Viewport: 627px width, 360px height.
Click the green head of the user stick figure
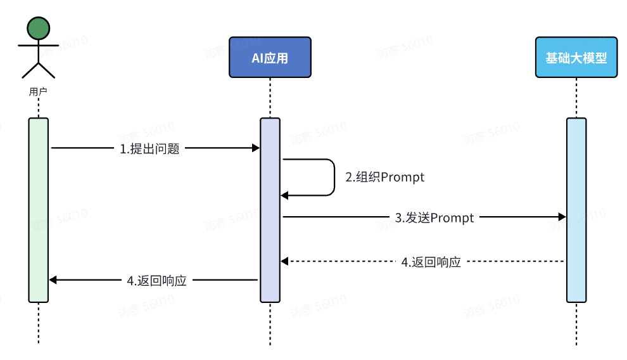pos(38,27)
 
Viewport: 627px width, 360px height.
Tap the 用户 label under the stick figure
pos(38,91)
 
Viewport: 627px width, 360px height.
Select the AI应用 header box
pos(270,58)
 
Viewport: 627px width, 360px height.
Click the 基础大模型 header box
pos(576,58)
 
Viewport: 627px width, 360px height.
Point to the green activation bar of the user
pos(38,209)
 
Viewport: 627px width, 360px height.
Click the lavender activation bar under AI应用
pos(270,209)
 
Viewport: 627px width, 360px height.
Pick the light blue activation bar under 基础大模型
pos(576,209)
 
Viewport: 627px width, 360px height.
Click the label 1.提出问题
pos(149,149)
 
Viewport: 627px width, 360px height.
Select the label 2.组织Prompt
pos(384,177)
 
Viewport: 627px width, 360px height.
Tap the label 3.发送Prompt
pos(434,218)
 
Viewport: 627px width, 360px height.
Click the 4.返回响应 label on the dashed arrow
pos(431,262)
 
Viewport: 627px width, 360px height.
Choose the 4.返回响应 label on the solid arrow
pos(156,280)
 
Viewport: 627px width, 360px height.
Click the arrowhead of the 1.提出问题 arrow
pos(256,148)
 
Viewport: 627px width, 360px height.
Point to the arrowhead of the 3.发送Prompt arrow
pos(562,217)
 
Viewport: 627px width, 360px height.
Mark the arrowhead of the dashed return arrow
pos(285,261)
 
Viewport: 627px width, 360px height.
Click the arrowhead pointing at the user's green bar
pos(53,280)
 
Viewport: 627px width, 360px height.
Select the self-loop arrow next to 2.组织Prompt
pos(333,177)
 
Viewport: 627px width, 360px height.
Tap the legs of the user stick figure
pos(38,70)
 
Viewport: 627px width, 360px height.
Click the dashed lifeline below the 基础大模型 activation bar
pos(576,323)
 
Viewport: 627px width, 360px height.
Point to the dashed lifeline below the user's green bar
pos(38,323)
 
